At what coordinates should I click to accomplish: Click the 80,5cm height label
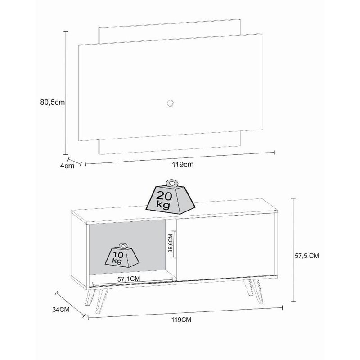point(53,103)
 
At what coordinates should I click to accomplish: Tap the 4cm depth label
point(67,166)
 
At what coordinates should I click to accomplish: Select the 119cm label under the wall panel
point(183,164)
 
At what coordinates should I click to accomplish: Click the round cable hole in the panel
point(170,103)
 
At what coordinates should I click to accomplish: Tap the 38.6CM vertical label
point(171,243)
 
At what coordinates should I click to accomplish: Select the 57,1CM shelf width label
point(129,279)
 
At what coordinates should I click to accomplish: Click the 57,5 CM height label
point(307,256)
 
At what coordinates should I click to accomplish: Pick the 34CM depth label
point(61,310)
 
